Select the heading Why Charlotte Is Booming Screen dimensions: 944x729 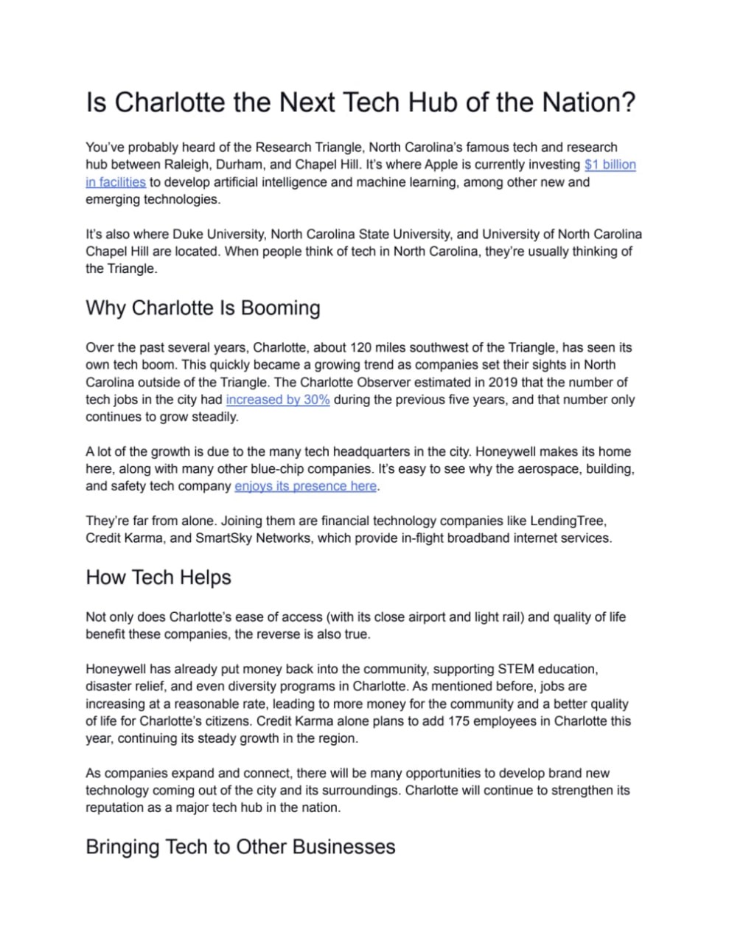pos(203,308)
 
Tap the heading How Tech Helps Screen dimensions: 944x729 pos(158,577)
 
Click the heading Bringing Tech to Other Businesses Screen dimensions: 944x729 pos(240,846)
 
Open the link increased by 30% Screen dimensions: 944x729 pos(277,400)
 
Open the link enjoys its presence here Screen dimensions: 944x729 pos(305,486)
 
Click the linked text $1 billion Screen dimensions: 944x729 pos(610,164)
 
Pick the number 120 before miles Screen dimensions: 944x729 pos(361,347)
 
